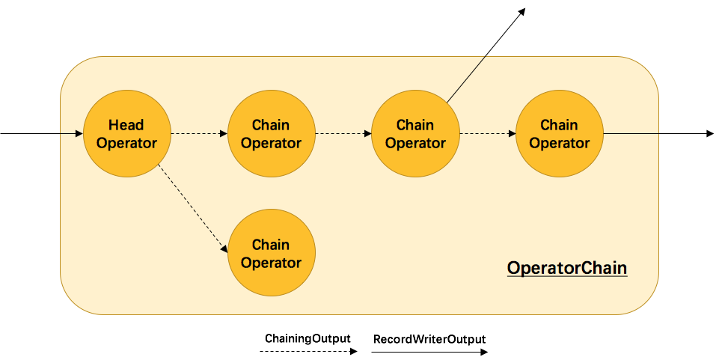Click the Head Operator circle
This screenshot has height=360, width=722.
pyautogui.click(x=127, y=133)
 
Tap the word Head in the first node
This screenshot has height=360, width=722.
pyautogui.click(x=126, y=124)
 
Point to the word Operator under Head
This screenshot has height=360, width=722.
pyautogui.click(x=126, y=143)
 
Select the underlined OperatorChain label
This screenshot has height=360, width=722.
pyautogui.click(x=566, y=268)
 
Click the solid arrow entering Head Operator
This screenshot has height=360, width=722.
pyautogui.click(x=69, y=133)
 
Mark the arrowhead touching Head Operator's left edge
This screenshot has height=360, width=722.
pyautogui.click(x=79, y=133)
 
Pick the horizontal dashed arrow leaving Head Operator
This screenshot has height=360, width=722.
pyautogui.click(x=198, y=133)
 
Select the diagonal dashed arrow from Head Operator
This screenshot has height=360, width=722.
pyautogui.click(x=192, y=209)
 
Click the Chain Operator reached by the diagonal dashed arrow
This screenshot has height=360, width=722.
pyautogui.click(x=271, y=253)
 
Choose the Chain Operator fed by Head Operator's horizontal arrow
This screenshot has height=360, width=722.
pyautogui.click(x=271, y=133)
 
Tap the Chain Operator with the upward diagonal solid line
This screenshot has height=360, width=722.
pyautogui.click(x=415, y=133)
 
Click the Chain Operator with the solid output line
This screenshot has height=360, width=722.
pyautogui.click(x=560, y=133)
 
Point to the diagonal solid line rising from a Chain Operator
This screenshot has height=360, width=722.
pyautogui.click(x=466, y=79)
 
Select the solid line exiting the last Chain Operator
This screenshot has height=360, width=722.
pyautogui.click(x=631, y=133)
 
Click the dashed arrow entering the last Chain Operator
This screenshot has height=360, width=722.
pyautogui.click(x=486, y=133)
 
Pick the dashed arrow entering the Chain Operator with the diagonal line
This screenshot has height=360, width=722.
pyautogui.click(x=342, y=133)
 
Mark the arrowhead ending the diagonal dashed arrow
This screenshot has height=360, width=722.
pyautogui.click(x=224, y=249)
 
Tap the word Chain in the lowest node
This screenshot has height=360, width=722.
pyautogui.click(x=271, y=245)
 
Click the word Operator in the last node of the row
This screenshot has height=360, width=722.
pyautogui.click(x=560, y=143)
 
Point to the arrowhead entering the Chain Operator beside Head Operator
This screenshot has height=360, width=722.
pyautogui.click(x=223, y=133)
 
